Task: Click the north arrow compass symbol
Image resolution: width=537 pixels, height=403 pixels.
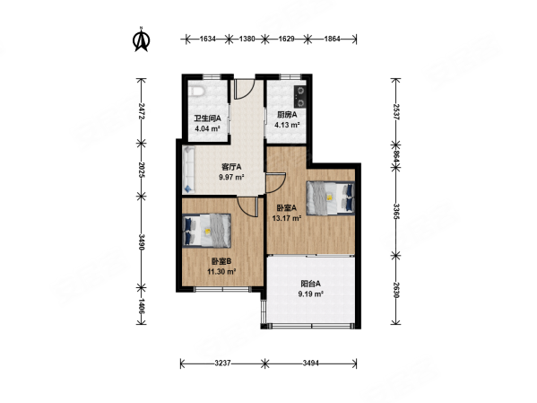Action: pos(141,40)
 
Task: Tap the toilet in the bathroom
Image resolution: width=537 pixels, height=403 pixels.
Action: pos(196,92)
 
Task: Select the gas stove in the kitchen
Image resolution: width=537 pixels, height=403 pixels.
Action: pos(300,96)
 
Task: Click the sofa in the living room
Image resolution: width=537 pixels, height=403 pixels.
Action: pos(188,170)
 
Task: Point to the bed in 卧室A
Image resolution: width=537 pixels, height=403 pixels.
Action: pos(330,197)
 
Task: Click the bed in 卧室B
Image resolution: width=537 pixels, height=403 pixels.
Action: pos(206,231)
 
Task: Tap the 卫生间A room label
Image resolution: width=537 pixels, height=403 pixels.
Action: pos(208,118)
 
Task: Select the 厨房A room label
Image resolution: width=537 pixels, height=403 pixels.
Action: pos(287,115)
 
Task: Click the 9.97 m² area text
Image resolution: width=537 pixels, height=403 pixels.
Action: pos(231,178)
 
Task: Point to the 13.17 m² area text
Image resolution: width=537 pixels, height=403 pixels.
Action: pos(287,218)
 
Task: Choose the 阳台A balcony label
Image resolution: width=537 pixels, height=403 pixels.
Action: pos(310,284)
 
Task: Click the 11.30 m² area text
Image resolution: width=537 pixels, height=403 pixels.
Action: pos(221,272)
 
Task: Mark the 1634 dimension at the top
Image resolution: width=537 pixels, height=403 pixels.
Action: pos(208,39)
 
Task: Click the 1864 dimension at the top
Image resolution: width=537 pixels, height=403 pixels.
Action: pos(332,39)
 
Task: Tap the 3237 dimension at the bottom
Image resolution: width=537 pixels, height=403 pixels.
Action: pos(222,363)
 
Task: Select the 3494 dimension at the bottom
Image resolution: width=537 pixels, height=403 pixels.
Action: pos(311,363)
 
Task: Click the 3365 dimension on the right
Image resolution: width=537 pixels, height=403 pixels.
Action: pos(396,211)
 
